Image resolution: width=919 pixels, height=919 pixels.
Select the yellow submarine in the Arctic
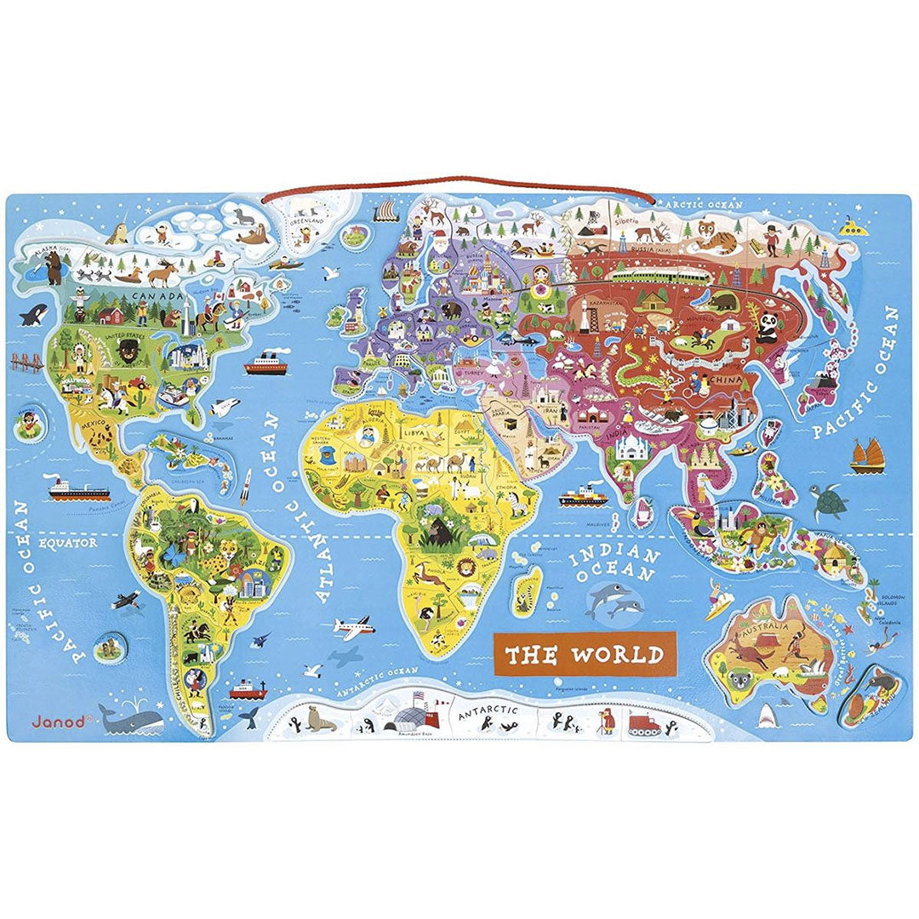851,226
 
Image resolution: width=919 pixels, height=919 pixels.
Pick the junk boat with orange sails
869,454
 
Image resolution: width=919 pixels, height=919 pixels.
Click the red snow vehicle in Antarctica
648,725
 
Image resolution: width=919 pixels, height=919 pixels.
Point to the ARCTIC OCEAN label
704,205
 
